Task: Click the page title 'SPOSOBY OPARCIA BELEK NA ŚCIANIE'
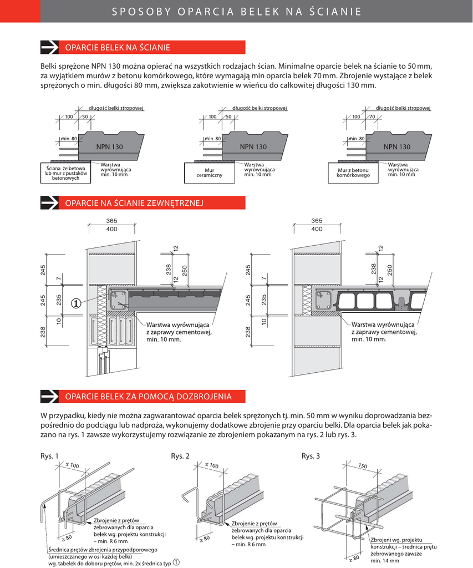tap(236, 11)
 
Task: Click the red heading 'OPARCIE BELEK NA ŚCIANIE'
tap(118, 47)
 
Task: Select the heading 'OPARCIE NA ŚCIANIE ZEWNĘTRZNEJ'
tap(135, 204)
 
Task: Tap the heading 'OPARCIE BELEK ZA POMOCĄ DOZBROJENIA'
tap(148, 396)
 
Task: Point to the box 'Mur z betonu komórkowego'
tap(353, 172)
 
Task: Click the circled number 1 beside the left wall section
tap(76, 303)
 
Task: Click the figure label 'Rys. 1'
tap(49, 456)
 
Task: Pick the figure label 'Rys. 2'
tap(180, 456)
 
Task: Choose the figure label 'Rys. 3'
tap(311, 456)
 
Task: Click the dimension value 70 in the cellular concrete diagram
tap(372, 117)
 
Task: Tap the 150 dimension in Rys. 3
tap(363, 466)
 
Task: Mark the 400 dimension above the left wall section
tap(111, 229)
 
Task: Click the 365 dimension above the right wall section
tap(317, 220)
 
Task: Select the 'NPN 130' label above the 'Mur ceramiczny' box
tap(253, 147)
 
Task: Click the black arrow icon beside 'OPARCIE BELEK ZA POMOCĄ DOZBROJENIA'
tap(50, 396)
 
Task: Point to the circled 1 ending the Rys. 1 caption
tap(176, 562)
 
